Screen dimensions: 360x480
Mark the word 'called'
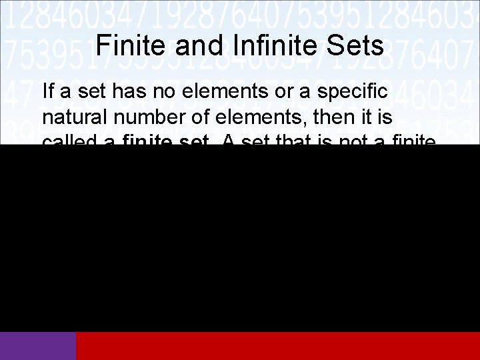(x=69, y=141)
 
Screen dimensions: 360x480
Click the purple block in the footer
(x=38, y=346)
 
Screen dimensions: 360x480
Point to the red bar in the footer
(x=278, y=346)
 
